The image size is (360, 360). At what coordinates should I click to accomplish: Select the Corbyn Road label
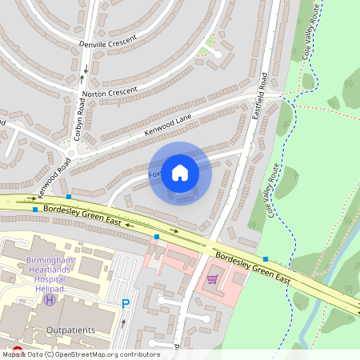79,126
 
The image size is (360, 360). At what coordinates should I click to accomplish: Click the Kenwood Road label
54,172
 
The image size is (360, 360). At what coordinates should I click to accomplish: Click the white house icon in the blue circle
180,173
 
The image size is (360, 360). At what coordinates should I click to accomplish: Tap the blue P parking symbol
125,303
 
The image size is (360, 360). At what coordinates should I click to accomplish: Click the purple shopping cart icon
212,279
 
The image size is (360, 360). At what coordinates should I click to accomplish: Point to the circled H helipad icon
50,299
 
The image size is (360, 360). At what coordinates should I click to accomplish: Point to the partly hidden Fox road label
155,174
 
